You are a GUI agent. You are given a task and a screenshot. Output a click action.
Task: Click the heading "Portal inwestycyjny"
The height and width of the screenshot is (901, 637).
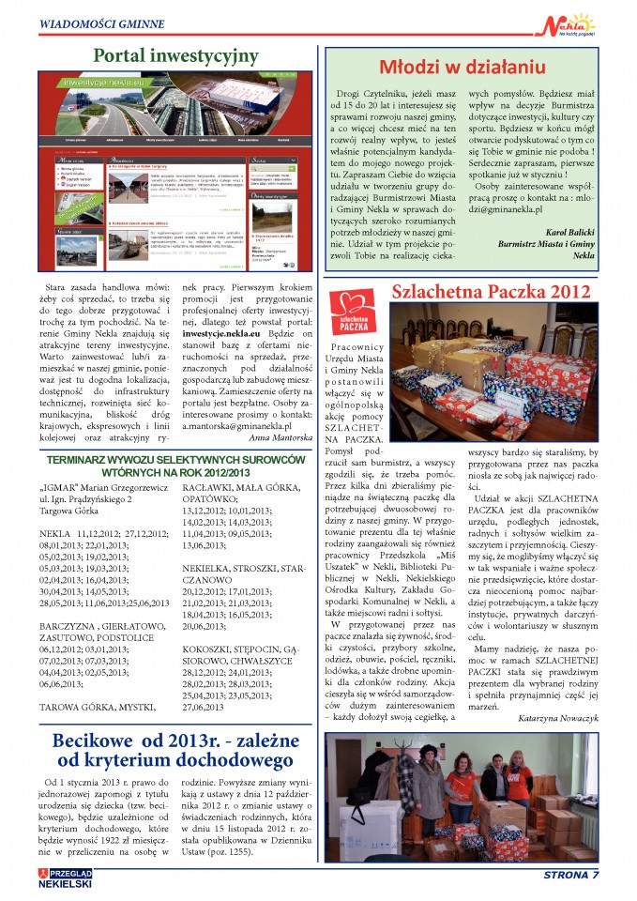(175, 56)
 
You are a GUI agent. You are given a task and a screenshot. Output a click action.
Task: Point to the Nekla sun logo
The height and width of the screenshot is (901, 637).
(572, 22)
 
